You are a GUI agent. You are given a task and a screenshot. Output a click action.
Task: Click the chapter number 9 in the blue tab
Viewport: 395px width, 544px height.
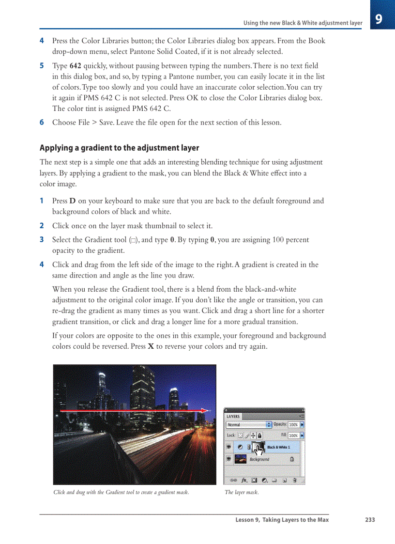click(379, 19)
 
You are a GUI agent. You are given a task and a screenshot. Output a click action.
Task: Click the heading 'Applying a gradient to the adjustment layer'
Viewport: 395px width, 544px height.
click(119, 148)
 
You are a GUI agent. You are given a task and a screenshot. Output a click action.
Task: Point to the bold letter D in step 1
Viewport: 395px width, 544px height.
click(73, 201)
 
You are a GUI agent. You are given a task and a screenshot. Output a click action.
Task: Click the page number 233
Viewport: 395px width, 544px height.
click(370, 520)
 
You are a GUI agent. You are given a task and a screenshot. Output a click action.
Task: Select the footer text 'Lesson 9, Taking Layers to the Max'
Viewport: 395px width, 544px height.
click(282, 520)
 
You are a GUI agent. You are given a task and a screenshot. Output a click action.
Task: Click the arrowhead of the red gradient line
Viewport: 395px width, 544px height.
click(207, 410)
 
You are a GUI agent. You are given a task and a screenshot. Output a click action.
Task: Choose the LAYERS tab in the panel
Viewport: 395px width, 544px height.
click(233, 416)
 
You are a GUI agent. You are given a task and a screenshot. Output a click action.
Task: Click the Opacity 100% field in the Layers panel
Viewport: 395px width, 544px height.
click(293, 425)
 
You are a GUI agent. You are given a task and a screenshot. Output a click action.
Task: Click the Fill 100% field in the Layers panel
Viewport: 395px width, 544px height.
click(293, 435)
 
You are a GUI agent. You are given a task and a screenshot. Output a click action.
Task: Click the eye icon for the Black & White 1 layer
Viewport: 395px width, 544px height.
click(228, 447)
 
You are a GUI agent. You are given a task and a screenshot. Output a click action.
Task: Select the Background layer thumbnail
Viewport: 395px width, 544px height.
click(241, 459)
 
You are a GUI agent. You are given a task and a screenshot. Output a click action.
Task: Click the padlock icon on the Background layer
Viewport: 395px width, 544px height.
click(291, 459)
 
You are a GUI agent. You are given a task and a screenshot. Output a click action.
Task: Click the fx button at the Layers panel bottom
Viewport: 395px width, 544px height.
click(244, 481)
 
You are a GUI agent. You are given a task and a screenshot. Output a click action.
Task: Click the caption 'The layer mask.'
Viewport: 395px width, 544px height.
click(242, 493)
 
